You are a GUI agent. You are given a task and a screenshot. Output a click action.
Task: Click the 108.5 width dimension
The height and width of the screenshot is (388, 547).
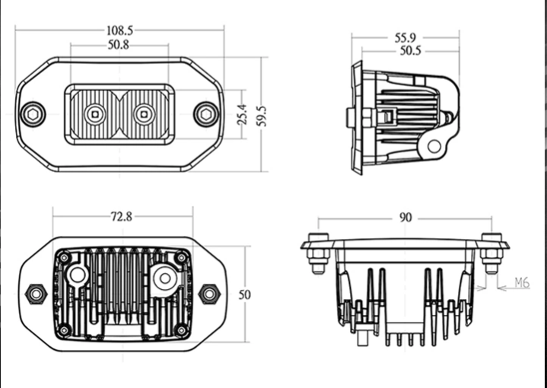[x=119, y=30]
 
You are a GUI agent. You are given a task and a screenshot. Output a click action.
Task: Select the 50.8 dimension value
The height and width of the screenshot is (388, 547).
[x=118, y=45]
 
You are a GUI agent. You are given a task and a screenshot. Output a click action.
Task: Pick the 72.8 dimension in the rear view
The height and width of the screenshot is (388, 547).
[x=121, y=216]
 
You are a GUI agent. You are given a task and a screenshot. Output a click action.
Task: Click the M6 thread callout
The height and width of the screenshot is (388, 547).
[x=521, y=283]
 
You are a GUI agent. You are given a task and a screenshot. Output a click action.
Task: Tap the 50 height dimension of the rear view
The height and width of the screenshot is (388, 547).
[x=244, y=293]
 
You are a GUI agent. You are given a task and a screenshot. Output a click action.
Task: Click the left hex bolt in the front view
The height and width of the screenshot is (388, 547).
[x=32, y=115]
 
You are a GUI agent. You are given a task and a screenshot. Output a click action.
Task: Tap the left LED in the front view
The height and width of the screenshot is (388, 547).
[x=94, y=115]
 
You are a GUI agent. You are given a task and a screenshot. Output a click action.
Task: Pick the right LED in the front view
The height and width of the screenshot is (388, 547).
[x=141, y=115]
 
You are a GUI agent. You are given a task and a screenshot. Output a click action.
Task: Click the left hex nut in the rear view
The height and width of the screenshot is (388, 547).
[x=34, y=292]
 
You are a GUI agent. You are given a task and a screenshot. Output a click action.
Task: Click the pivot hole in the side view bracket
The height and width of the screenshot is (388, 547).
[x=434, y=145]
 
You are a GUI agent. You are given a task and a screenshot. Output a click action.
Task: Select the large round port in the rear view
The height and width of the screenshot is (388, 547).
[x=164, y=279]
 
